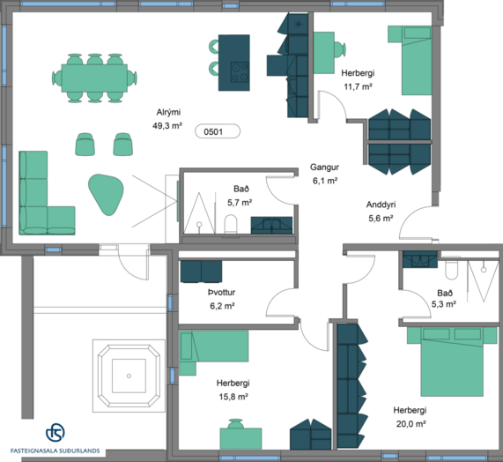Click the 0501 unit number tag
(218, 131)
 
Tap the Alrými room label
(168, 112)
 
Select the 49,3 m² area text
(167, 125)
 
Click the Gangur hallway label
(324, 168)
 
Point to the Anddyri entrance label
(381, 205)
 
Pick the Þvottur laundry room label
(222, 292)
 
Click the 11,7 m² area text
(358, 86)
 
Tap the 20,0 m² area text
(411, 424)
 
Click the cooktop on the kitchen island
(240, 72)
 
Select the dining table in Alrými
(94, 78)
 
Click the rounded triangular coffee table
(106, 194)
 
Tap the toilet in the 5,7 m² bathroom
(230, 224)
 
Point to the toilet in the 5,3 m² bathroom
(452, 268)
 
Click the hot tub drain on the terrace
(129, 376)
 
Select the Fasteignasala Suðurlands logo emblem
(55, 432)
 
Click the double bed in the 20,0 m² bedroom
(452, 361)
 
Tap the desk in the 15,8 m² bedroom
(240, 438)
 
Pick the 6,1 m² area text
(325, 181)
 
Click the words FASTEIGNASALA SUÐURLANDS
(55, 451)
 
